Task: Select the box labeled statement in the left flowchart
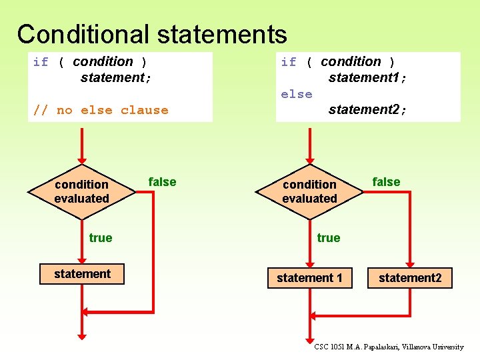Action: pyautogui.click(x=82, y=274)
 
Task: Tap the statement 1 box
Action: pyautogui.click(x=309, y=277)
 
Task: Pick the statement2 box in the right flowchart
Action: pyautogui.click(x=409, y=278)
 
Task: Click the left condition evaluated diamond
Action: pyautogui.click(x=81, y=191)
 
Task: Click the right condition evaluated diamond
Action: pyautogui.click(x=309, y=191)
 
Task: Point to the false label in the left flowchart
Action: pyautogui.click(x=162, y=182)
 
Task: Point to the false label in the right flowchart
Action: pyautogui.click(x=386, y=182)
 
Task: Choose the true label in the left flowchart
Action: pyautogui.click(x=101, y=238)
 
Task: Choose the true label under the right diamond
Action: pyautogui.click(x=329, y=238)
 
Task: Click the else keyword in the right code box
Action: pyautogui.click(x=297, y=94)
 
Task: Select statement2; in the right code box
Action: pyautogui.click(x=367, y=109)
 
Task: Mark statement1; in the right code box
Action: pyautogui.click(x=367, y=78)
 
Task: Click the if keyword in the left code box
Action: pyautogui.click(x=41, y=62)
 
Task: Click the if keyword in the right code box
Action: pyautogui.click(x=289, y=62)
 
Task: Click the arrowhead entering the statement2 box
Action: pyautogui.click(x=410, y=263)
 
